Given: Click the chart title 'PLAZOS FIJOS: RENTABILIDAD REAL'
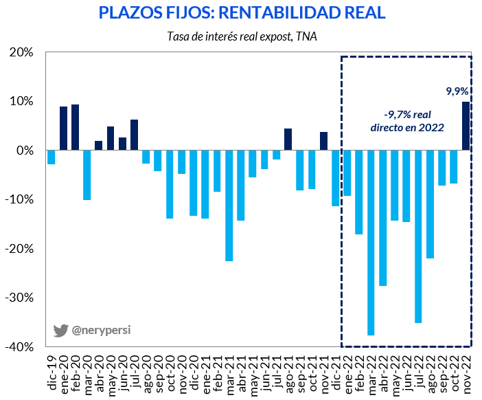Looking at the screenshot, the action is pos(242,12).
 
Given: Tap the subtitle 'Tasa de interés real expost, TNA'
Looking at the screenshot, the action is pos(242,36).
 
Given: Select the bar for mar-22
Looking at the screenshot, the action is pos(371,243).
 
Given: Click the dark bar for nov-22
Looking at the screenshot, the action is pos(466,126).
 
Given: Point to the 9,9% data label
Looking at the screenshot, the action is pos(457,91).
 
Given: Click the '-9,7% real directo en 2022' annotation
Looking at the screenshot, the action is pos(407,121).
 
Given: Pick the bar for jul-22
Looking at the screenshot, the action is pos(418,236).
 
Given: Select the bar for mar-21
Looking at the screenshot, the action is pos(229,205).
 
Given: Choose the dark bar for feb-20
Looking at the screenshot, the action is pos(75,127).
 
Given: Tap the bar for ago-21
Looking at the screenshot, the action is pos(288,140).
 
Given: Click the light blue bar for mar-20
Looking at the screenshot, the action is pos(87,175).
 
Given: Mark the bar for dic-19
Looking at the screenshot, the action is pos(51,157).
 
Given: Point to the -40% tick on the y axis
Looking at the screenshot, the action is pos(19,347).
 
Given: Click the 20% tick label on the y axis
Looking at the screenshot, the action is pos(21,52).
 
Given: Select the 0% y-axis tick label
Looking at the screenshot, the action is pos(25,151).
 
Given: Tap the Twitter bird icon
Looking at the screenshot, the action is pos(60,331).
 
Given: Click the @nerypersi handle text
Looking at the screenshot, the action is pos(101,330).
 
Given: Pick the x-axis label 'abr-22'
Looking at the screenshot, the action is pos(382,374).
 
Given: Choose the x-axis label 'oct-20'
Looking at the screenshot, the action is pos(170,374).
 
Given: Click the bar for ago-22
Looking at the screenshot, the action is pos(430,204).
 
